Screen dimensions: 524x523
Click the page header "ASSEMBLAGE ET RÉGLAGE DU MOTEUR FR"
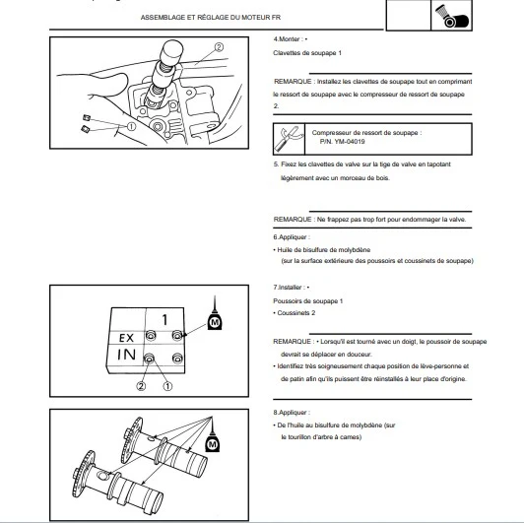pyautogui.click(x=211, y=18)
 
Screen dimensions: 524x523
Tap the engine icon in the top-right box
pyautogui.click(x=451, y=16)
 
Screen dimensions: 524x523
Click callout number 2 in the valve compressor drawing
pyautogui.click(x=219, y=47)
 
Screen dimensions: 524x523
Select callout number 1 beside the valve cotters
pyautogui.click(x=131, y=127)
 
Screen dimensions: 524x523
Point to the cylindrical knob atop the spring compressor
pyautogui.click(x=172, y=51)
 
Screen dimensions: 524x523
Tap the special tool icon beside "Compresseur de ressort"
pyautogui.click(x=289, y=139)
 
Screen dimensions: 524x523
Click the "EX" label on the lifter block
pyautogui.click(x=126, y=338)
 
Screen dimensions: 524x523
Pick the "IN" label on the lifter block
pyautogui.click(x=126, y=355)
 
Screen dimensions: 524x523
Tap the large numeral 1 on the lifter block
pyautogui.click(x=164, y=320)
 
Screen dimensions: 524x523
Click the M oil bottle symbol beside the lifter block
pyautogui.click(x=215, y=315)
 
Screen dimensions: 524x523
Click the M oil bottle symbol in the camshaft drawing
pyautogui.click(x=212, y=436)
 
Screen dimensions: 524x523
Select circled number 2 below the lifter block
pyautogui.click(x=141, y=386)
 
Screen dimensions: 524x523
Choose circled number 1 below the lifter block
pyautogui.click(x=167, y=386)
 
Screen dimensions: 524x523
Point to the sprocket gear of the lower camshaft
pyautogui.click(x=83, y=474)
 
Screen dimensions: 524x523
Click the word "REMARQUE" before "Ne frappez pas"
pyautogui.click(x=293, y=220)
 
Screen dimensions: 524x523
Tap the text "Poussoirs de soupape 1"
pyautogui.click(x=307, y=301)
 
